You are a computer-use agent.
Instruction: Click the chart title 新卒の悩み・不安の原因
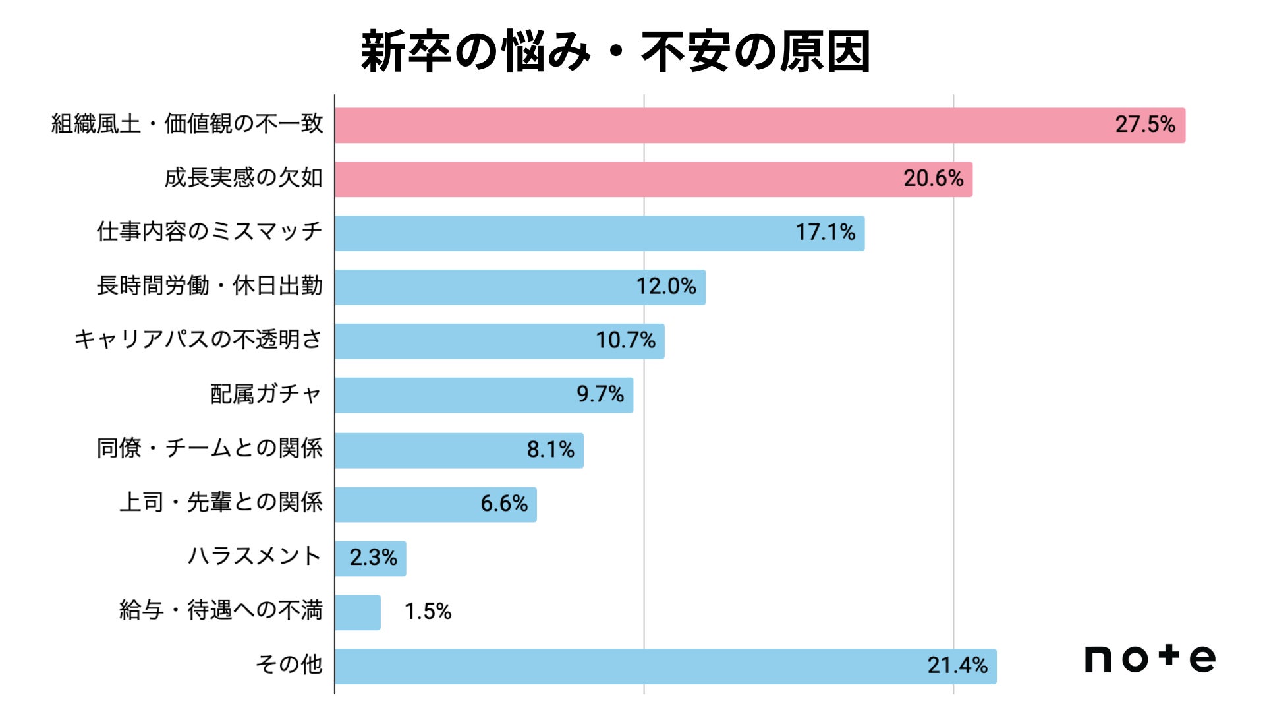[615, 51]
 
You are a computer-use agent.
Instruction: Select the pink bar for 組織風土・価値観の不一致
[760, 125]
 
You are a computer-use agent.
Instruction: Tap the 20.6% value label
[933, 179]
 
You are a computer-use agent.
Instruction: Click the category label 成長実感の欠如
[244, 177]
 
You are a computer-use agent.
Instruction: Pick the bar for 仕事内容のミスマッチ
[600, 233]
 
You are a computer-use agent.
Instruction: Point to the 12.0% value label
[665, 287]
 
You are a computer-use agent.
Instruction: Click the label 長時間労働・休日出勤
[210, 285]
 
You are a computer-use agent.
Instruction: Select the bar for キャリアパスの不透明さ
[499, 341]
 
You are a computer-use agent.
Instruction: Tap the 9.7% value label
[600, 394]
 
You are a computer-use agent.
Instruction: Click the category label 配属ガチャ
[266, 394]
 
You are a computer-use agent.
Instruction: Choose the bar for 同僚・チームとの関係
[459, 450]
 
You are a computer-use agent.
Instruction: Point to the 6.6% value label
[504, 504]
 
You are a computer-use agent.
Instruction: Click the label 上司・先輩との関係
[221, 502]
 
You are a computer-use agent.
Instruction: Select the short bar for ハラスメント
[370, 558]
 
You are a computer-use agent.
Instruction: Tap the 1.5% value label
[428, 612]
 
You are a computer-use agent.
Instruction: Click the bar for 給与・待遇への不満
[358, 612]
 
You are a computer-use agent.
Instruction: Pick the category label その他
[289, 664]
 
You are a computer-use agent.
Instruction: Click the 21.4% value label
[957, 666]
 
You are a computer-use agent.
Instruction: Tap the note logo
[1150, 658]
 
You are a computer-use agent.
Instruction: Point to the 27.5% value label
[1145, 125]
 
